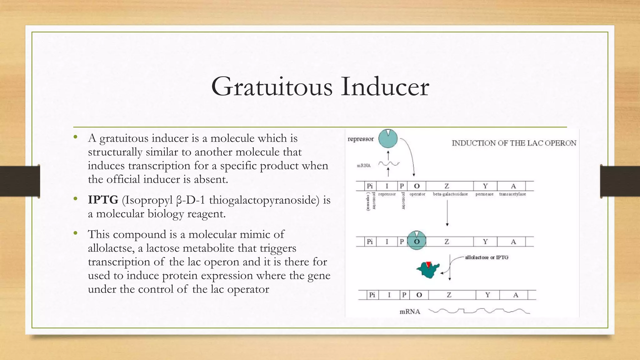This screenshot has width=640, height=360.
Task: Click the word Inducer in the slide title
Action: click(385, 87)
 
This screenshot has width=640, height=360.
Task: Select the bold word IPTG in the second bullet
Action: click(103, 200)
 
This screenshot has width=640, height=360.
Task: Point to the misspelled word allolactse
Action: click(111, 248)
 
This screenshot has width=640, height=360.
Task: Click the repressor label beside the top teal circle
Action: click(361, 139)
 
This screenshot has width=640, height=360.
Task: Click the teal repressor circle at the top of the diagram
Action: click(388, 138)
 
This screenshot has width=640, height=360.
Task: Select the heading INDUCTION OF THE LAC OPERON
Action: click(514, 143)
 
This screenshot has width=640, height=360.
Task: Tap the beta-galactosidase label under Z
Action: click(450, 194)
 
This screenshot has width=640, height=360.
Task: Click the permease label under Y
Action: click(484, 194)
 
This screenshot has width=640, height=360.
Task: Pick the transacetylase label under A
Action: click(512, 194)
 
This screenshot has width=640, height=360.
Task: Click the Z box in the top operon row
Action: click(447, 186)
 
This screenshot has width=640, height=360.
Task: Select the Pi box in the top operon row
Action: click(370, 186)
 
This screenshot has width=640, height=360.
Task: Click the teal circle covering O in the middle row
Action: click(416, 241)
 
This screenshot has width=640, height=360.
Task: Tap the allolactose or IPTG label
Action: click(487, 257)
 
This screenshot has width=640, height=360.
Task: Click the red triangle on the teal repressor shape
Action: click(428, 264)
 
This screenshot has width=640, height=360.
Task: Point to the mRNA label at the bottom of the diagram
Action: click(410, 312)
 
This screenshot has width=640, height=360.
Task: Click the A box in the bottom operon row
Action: click(516, 295)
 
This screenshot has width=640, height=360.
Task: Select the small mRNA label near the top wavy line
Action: click(364, 166)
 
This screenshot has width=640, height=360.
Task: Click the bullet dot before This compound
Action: click(75, 233)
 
